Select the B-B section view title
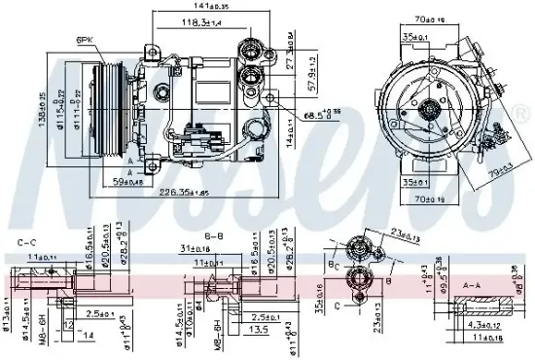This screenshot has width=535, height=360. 214,236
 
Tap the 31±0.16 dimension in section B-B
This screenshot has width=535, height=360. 195,249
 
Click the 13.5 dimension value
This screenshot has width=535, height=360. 258,330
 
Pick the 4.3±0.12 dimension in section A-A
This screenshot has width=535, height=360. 477,324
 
